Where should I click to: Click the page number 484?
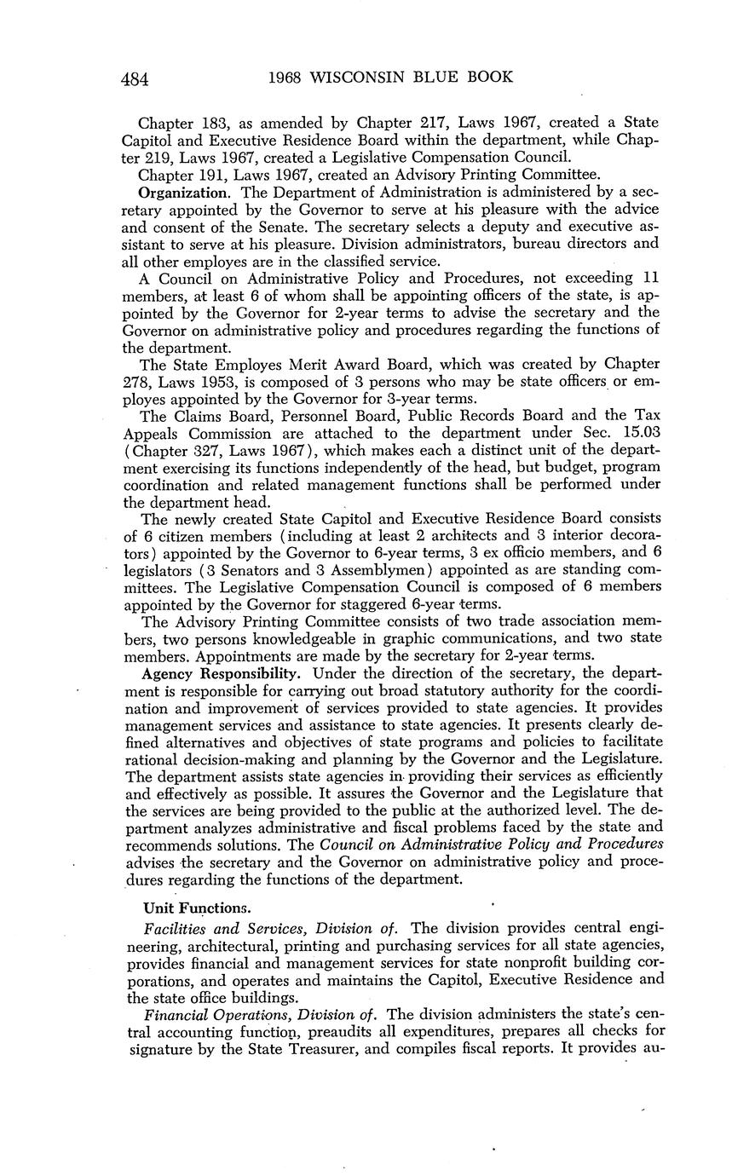tap(135, 79)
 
